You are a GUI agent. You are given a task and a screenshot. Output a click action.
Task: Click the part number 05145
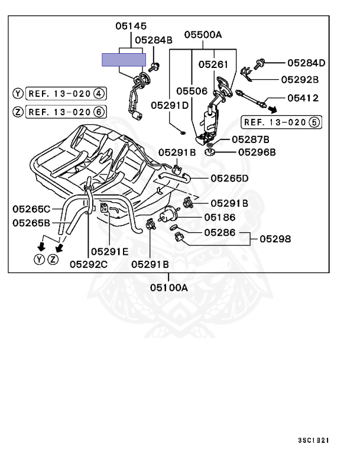coord(131,26)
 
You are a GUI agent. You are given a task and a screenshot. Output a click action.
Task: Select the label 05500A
coord(202,35)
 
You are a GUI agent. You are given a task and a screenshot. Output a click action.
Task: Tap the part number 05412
coord(303,98)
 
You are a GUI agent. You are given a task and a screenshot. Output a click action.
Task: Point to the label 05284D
coord(307,62)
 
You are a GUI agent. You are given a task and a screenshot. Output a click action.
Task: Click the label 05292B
coord(300,79)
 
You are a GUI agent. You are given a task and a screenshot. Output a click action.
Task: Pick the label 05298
coord(275,239)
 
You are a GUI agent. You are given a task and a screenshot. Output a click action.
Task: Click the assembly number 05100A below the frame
coord(168,288)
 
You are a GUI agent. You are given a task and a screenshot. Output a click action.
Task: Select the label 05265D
coord(229,178)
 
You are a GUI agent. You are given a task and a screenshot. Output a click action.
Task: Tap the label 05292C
coord(89,264)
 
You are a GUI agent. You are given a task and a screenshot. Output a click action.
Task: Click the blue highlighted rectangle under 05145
coord(124,59)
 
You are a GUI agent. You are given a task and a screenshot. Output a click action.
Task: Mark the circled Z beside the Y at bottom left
coord(54,260)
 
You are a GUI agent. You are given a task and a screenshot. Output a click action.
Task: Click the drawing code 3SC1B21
coord(313,440)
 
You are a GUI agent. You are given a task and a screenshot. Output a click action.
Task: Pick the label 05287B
coord(250,140)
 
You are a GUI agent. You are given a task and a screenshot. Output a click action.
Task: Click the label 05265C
coord(32,208)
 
